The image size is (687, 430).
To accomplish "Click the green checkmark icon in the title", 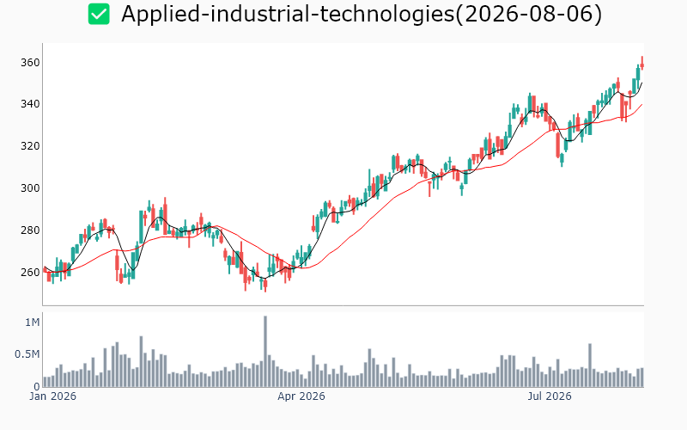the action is [99, 14].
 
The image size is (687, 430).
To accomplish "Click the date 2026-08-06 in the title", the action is [529, 14].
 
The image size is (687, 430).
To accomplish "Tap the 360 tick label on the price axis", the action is [30, 63].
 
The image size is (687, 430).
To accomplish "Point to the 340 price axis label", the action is [30, 104].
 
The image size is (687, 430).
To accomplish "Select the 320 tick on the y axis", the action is [30, 146].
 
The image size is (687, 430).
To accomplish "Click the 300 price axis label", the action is [30, 188].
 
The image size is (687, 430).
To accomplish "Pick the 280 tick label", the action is [30, 230].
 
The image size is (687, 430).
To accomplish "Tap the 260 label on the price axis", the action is [30, 273].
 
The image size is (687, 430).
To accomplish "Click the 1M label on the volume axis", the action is [33, 322].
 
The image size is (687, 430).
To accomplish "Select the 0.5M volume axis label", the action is [27, 354].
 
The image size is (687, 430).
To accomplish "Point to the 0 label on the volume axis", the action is [37, 386].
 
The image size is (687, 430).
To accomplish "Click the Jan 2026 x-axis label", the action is [52, 396].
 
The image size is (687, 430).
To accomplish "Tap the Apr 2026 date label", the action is [301, 396].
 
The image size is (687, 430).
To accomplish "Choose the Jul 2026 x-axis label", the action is [550, 396].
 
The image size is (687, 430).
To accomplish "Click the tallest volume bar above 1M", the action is [265, 352].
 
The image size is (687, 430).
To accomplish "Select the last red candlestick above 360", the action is [641, 64].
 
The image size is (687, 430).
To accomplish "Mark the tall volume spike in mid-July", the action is [590, 365].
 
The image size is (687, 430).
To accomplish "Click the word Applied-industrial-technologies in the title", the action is [288, 14].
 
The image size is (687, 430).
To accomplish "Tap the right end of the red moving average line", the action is [641, 104].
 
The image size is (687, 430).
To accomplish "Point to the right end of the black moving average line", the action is [641, 83].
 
